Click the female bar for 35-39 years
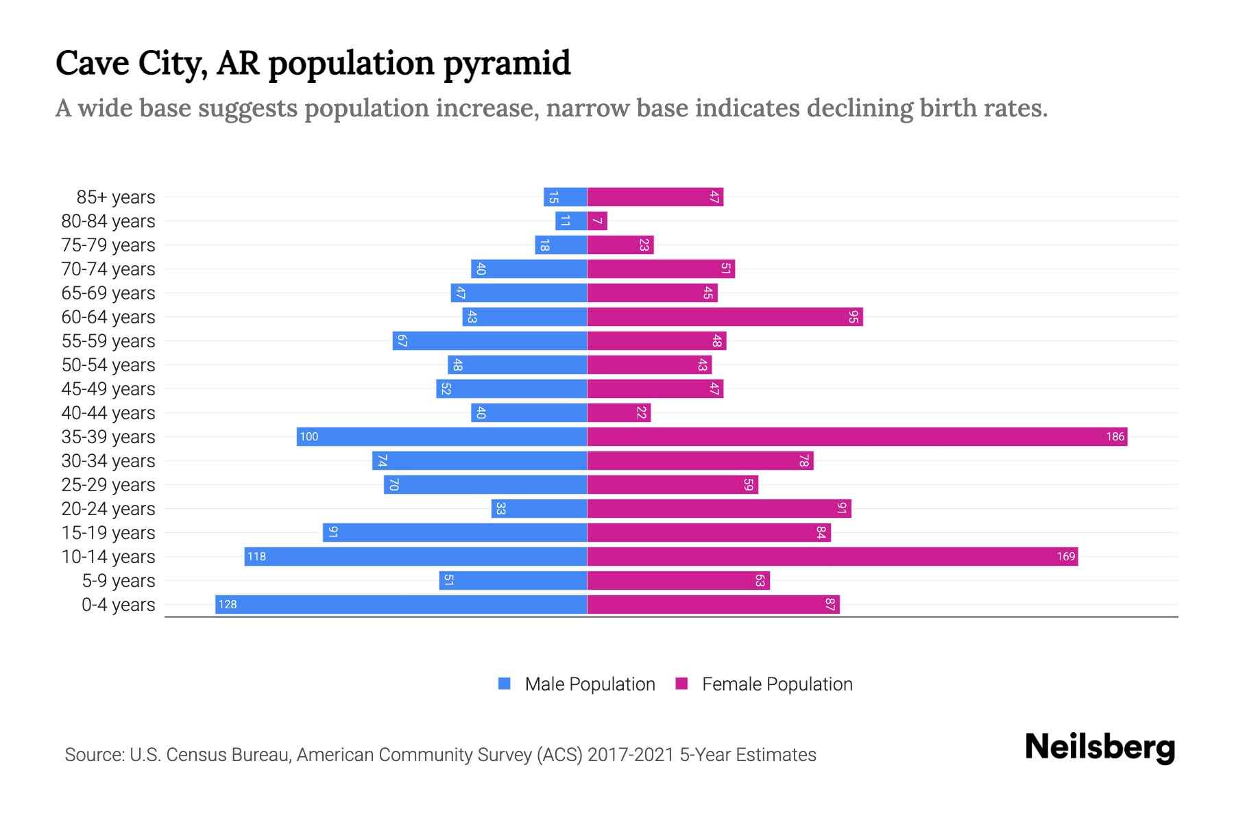pyautogui.click(x=857, y=436)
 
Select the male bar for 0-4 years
pyautogui.click(x=401, y=604)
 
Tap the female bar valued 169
pyautogui.click(x=832, y=556)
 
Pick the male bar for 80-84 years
pyautogui.click(x=571, y=221)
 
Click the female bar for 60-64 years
pyautogui.click(x=725, y=316)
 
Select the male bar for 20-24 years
pyautogui.click(x=540, y=508)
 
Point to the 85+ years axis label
pyautogui.click(x=116, y=197)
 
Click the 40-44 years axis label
pyautogui.click(x=108, y=413)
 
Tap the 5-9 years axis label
pyautogui.click(x=119, y=581)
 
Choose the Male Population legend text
pyautogui.click(x=590, y=684)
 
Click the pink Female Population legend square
pyautogui.click(x=681, y=684)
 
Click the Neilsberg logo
pyautogui.click(x=1100, y=747)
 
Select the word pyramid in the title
pyautogui.click(x=507, y=63)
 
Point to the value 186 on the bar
pyautogui.click(x=1115, y=436)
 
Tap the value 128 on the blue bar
pyautogui.click(x=228, y=604)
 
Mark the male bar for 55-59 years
pyautogui.click(x=489, y=340)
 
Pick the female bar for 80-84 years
pyautogui.click(x=597, y=221)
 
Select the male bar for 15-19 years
pyautogui.click(x=455, y=532)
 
